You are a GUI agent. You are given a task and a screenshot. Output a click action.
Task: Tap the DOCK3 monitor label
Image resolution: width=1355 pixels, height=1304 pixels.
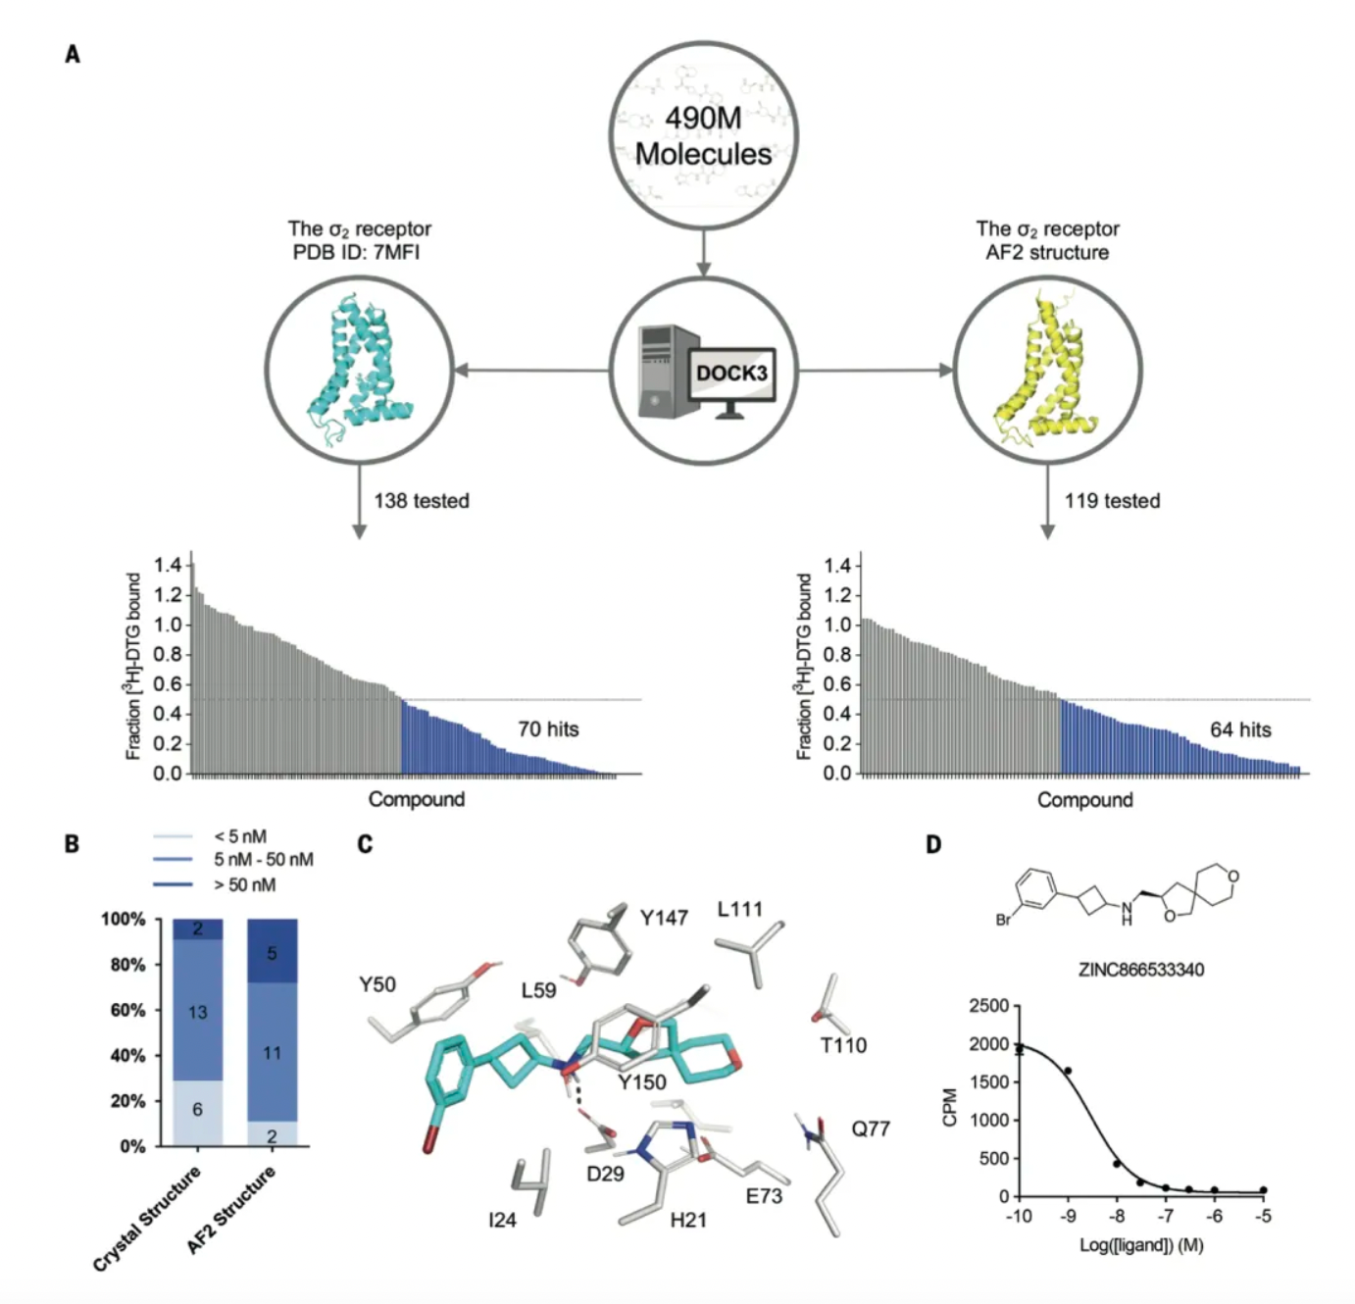pos(731,374)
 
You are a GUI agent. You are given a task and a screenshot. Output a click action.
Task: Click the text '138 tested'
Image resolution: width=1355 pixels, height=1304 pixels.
pos(422,501)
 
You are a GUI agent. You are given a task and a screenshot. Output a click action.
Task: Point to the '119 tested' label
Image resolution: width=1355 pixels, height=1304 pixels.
pos(1112,501)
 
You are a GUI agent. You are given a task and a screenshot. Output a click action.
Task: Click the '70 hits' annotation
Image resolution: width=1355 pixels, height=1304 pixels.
pos(548,728)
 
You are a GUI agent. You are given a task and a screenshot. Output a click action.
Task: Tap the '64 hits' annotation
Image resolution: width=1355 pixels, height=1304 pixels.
pos(1240,729)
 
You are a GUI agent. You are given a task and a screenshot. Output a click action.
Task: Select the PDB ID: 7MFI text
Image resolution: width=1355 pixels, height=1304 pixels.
pos(357,252)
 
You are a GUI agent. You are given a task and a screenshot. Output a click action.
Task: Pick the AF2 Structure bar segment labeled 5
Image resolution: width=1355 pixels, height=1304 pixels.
pos(273,951)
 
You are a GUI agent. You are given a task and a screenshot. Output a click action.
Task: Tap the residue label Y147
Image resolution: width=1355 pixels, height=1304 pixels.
pos(665,919)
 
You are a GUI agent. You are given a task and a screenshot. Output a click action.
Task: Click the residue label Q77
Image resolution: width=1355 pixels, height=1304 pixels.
pos(871,1128)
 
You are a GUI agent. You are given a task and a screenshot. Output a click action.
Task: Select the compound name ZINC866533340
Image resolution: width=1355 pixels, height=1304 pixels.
pos(1140,969)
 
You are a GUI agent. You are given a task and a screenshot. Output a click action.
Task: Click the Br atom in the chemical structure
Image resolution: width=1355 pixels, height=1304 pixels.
pos(1003,921)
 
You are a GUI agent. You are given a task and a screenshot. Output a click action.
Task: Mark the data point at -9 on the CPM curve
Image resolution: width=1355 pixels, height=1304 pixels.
pos(1068,1071)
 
